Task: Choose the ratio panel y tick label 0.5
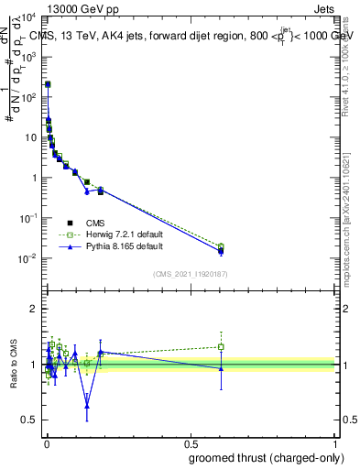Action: pyautogui.click(x=30, y=420)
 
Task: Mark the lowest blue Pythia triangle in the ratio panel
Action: pyautogui.click(x=87, y=406)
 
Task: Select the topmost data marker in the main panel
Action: pyautogui.click(x=48, y=84)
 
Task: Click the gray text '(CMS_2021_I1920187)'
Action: pyautogui.click(x=190, y=274)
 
